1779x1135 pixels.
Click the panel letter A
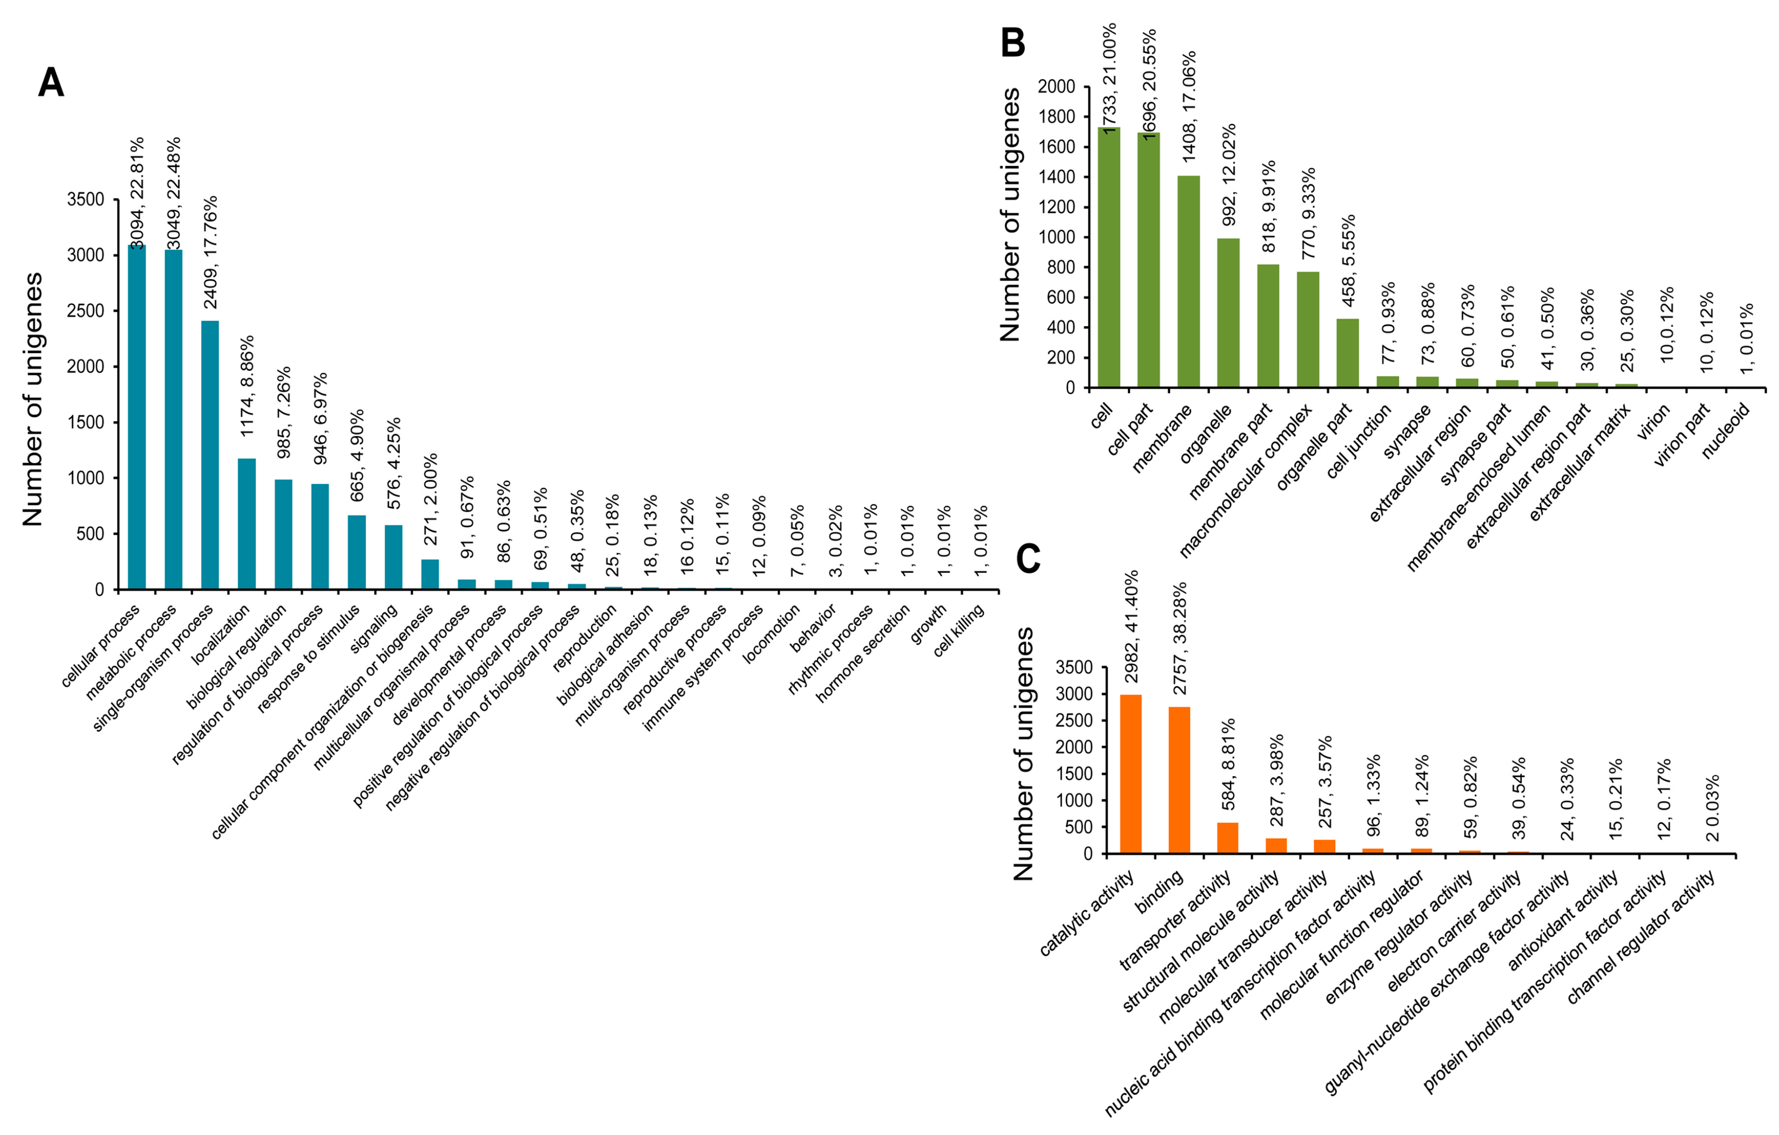51,83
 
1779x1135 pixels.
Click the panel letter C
1029,559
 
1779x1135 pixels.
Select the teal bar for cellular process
137,417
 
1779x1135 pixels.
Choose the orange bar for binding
1179,780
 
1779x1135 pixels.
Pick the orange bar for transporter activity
1228,838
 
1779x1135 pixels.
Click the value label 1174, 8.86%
247,386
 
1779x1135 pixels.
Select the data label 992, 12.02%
1229,175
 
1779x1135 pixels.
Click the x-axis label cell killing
958,631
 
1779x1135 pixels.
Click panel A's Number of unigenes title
33,399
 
